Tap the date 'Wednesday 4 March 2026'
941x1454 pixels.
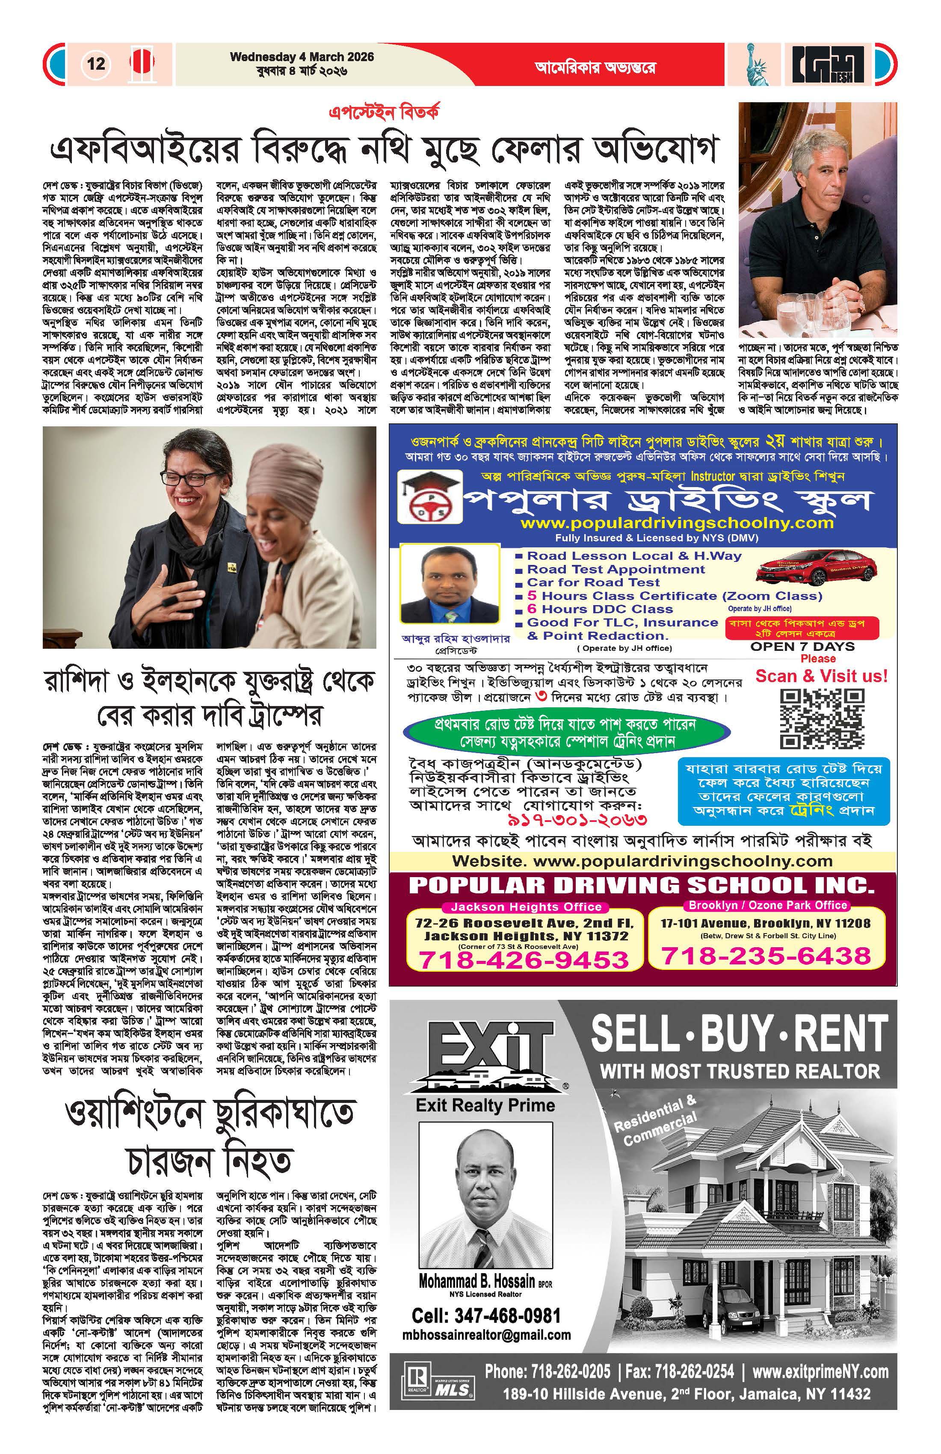coord(302,57)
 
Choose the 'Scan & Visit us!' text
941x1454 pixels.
coord(821,676)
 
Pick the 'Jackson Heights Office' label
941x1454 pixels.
coord(526,907)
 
